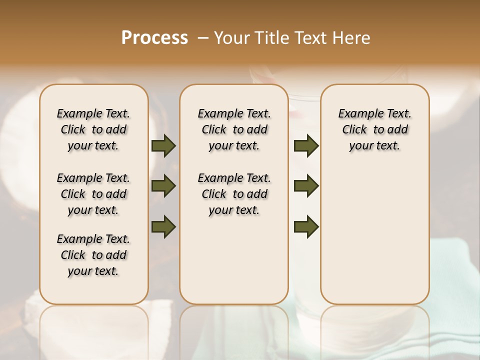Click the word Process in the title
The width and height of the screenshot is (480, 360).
pyautogui.click(x=154, y=38)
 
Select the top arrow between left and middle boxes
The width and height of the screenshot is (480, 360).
pyautogui.click(x=163, y=145)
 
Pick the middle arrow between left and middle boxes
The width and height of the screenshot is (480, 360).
pyautogui.click(x=163, y=186)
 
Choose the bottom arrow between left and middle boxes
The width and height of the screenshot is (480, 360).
pyautogui.click(x=163, y=226)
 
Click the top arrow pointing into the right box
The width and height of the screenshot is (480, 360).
pyautogui.click(x=306, y=145)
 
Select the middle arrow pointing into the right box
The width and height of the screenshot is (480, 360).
pyautogui.click(x=306, y=186)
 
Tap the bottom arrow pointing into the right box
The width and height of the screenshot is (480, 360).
pyautogui.click(x=306, y=226)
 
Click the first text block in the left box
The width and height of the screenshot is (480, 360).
pyautogui.click(x=93, y=129)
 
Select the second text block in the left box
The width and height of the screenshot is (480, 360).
pyautogui.click(x=93, y=194)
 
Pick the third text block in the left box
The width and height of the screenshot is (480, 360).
pyautogui.click(x=93, y=255)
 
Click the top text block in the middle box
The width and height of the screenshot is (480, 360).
pyautogui.click(x=234, y=129)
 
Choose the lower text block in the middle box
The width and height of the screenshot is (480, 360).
pyautogui.click(x=234, y=194)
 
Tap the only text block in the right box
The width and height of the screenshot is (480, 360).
pyautogui.click(x=374, y=129)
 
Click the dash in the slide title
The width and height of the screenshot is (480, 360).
pyautogui.click(x=202, y=38)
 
